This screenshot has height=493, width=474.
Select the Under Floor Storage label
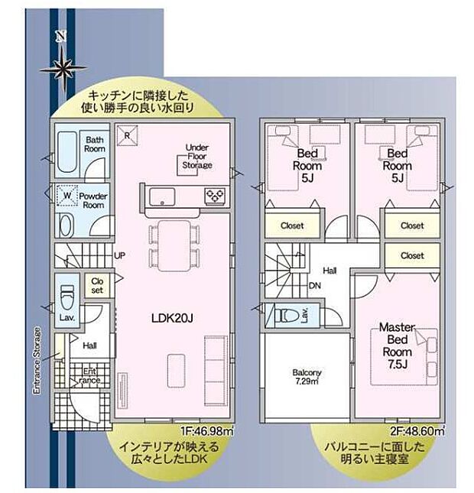(x=197, y=156)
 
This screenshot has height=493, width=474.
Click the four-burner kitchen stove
(x=213, y=196)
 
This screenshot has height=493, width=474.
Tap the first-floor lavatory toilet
(x=67, y=291)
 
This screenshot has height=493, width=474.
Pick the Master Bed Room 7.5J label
(x=396, y=345)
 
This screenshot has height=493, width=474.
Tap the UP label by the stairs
(x=119, y=256)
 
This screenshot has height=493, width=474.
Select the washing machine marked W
(x=68, y=198)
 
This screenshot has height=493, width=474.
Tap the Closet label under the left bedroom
(x=292, y=225)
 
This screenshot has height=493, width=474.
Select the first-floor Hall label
(x=89, y=345)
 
